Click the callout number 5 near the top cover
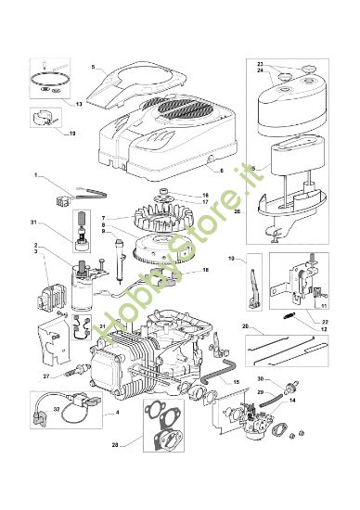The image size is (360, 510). [94, 67]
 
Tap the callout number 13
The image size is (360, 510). [79, 105]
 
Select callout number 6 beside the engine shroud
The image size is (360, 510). [222, 172]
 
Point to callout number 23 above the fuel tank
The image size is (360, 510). [260, 63]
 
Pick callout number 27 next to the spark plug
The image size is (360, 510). [45, 376]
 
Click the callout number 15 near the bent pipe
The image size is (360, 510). [237, 383]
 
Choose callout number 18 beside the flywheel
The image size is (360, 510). [205, 269]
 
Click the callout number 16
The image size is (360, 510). [205, 195]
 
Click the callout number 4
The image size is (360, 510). [116, 412]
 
